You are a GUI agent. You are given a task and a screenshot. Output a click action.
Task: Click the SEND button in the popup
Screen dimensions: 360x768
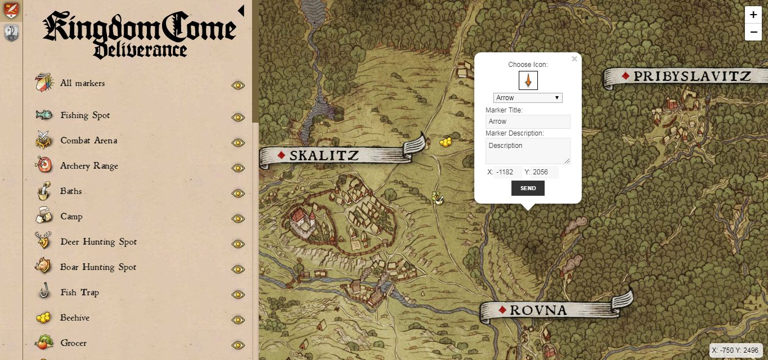point(528,188)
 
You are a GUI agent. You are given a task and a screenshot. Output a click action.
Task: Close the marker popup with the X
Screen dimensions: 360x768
point(574,58)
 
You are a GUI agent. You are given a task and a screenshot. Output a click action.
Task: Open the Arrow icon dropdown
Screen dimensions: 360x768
point(528,98)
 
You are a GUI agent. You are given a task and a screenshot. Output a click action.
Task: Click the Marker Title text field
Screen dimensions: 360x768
point(528,121)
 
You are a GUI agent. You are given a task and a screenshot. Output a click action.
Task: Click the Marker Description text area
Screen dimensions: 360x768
point(528,151)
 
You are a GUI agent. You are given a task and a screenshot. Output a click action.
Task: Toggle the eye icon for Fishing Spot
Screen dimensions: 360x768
point(238,117)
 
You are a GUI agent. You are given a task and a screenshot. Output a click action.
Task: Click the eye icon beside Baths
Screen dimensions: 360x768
point(238,193)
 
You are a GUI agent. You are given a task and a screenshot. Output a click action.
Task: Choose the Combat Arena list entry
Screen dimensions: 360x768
point(89,141)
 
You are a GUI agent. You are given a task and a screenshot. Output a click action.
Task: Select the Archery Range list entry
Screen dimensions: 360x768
point(89,166)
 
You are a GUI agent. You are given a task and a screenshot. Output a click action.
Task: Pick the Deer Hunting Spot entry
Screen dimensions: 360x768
point(98,242)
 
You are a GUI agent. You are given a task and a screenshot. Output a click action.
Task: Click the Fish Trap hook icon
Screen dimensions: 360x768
point(43,292)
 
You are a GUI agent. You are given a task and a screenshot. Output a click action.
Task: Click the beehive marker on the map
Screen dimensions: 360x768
point(446,142)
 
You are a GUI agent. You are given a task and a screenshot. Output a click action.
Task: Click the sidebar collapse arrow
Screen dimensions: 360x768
point(241,11)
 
